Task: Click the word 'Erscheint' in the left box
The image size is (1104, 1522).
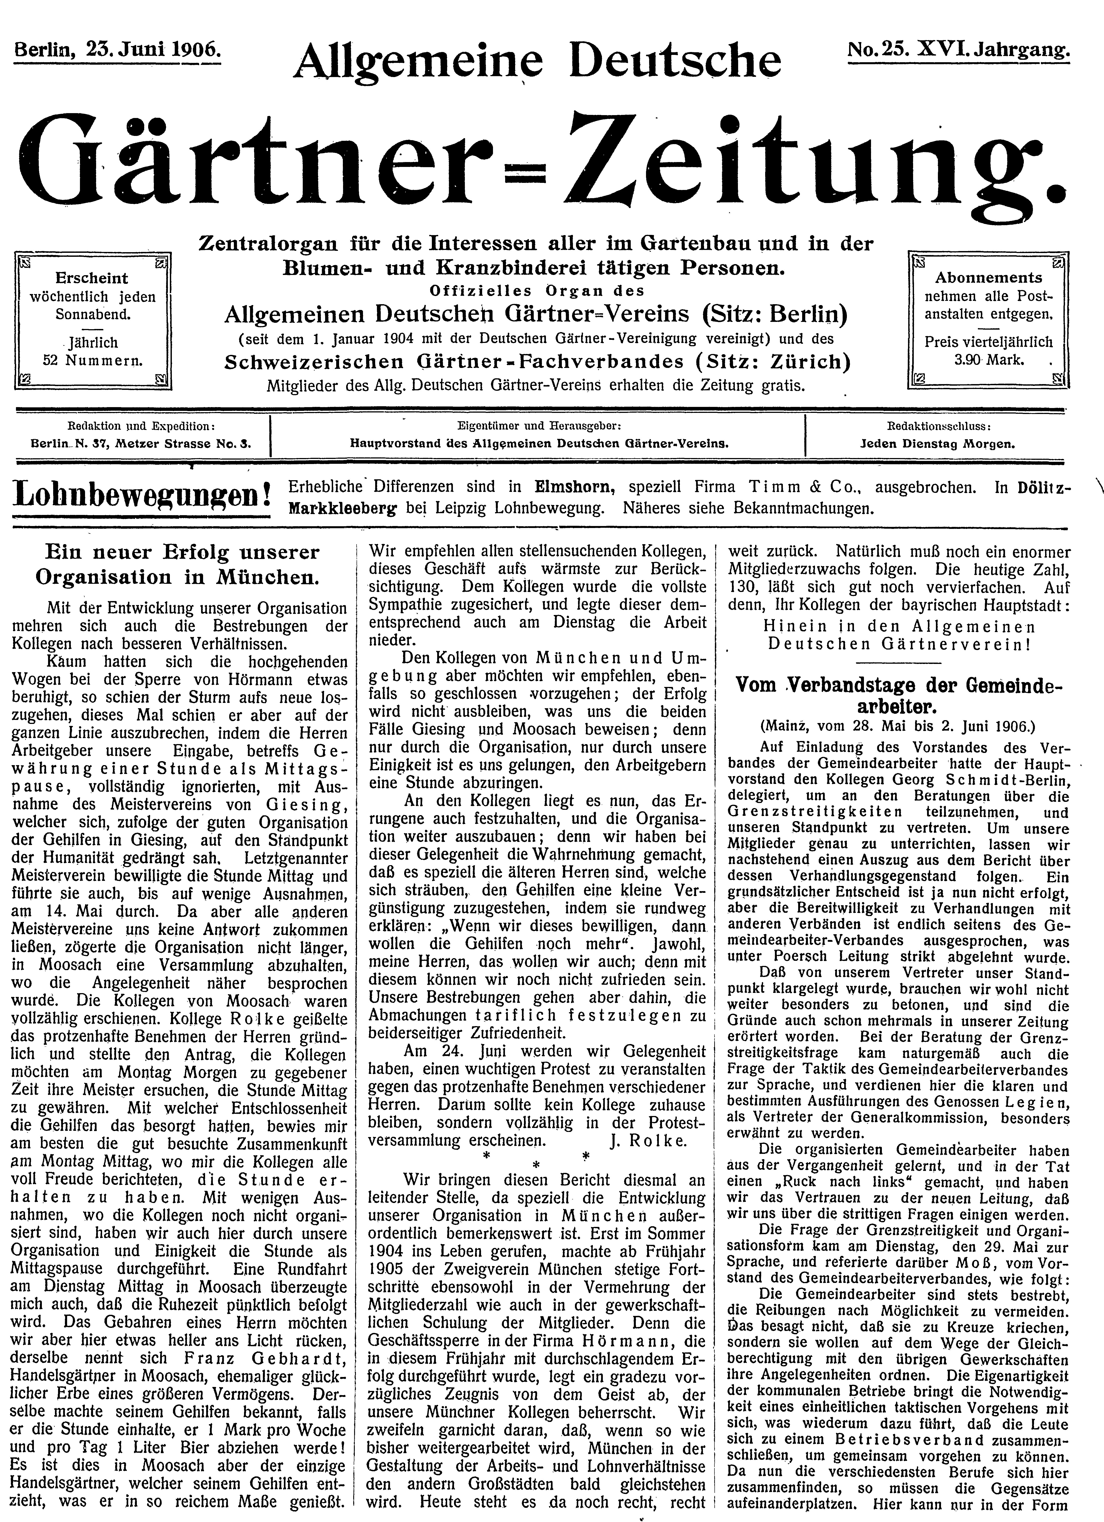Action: tap(92, 278)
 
